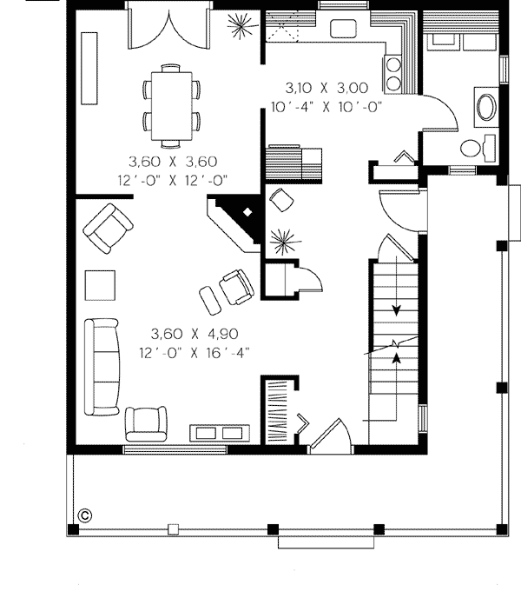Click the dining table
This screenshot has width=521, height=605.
tap(171, 107)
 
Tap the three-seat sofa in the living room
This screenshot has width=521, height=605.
tap(102, 367)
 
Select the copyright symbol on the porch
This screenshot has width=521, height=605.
tap(85, 515)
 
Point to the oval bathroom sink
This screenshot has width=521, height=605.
tap(487, 107)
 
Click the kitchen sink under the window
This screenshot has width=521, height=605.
tap(343, 29)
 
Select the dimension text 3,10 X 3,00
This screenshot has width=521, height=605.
tap(326, 88)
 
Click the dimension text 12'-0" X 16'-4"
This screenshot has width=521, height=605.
tap(195, 353)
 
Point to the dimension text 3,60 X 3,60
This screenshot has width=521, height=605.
tap(173, 162)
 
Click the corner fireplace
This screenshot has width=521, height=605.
tap(236, 223)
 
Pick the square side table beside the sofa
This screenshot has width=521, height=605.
tap(100, 285)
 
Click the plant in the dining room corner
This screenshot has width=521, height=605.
tap(242, 26)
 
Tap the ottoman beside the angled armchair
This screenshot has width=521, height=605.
tap(210, 300)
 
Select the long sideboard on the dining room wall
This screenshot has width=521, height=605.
tap(89, 69)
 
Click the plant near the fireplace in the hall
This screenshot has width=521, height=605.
tap(284, 242)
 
